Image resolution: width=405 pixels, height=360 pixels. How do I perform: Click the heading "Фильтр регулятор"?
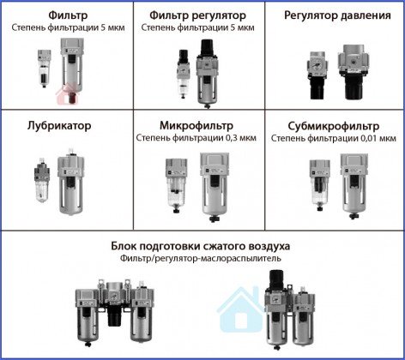(197, 15)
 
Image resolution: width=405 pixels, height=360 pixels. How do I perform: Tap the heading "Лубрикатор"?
(59, 126)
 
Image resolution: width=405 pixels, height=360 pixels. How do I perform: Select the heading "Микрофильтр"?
(196, 125)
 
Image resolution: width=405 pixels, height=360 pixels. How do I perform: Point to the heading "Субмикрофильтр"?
(334, 126)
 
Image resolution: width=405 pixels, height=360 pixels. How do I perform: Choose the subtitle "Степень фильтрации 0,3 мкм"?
(196, 138)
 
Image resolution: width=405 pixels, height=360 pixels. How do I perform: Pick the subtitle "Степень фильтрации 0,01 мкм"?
(334, 138)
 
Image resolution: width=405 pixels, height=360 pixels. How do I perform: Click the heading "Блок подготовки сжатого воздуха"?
(201, 246)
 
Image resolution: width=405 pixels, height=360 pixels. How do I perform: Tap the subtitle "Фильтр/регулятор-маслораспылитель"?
(201, 259)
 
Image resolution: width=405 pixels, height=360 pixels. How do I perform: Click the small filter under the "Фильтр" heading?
(45, 69)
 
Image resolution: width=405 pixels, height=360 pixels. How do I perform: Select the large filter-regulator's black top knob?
(206, 48)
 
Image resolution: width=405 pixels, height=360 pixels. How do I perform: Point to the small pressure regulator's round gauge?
(315, 63)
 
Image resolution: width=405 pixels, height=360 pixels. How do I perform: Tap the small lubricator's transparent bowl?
(42, 191)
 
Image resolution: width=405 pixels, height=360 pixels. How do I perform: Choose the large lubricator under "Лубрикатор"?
(70, 182)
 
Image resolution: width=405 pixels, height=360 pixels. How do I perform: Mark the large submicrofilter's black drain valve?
(354, 216)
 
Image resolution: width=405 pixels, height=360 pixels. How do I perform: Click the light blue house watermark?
(240, 310)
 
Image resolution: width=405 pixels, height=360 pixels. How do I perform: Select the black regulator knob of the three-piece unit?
(114, 315)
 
